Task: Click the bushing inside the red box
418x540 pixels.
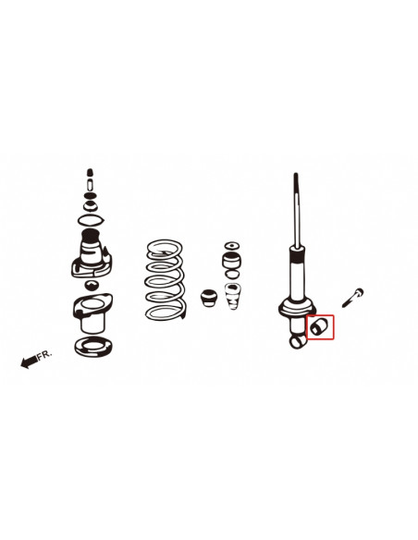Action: (319, 327)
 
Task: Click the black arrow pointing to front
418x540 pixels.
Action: (30, 362)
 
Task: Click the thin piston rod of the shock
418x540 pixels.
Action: (296, 208)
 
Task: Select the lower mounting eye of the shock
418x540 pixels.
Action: (299, 341)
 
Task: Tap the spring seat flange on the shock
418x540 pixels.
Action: (297, 306)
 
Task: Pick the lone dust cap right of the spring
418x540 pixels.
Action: (209, 299)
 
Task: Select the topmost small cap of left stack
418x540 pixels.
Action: (89, 174)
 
